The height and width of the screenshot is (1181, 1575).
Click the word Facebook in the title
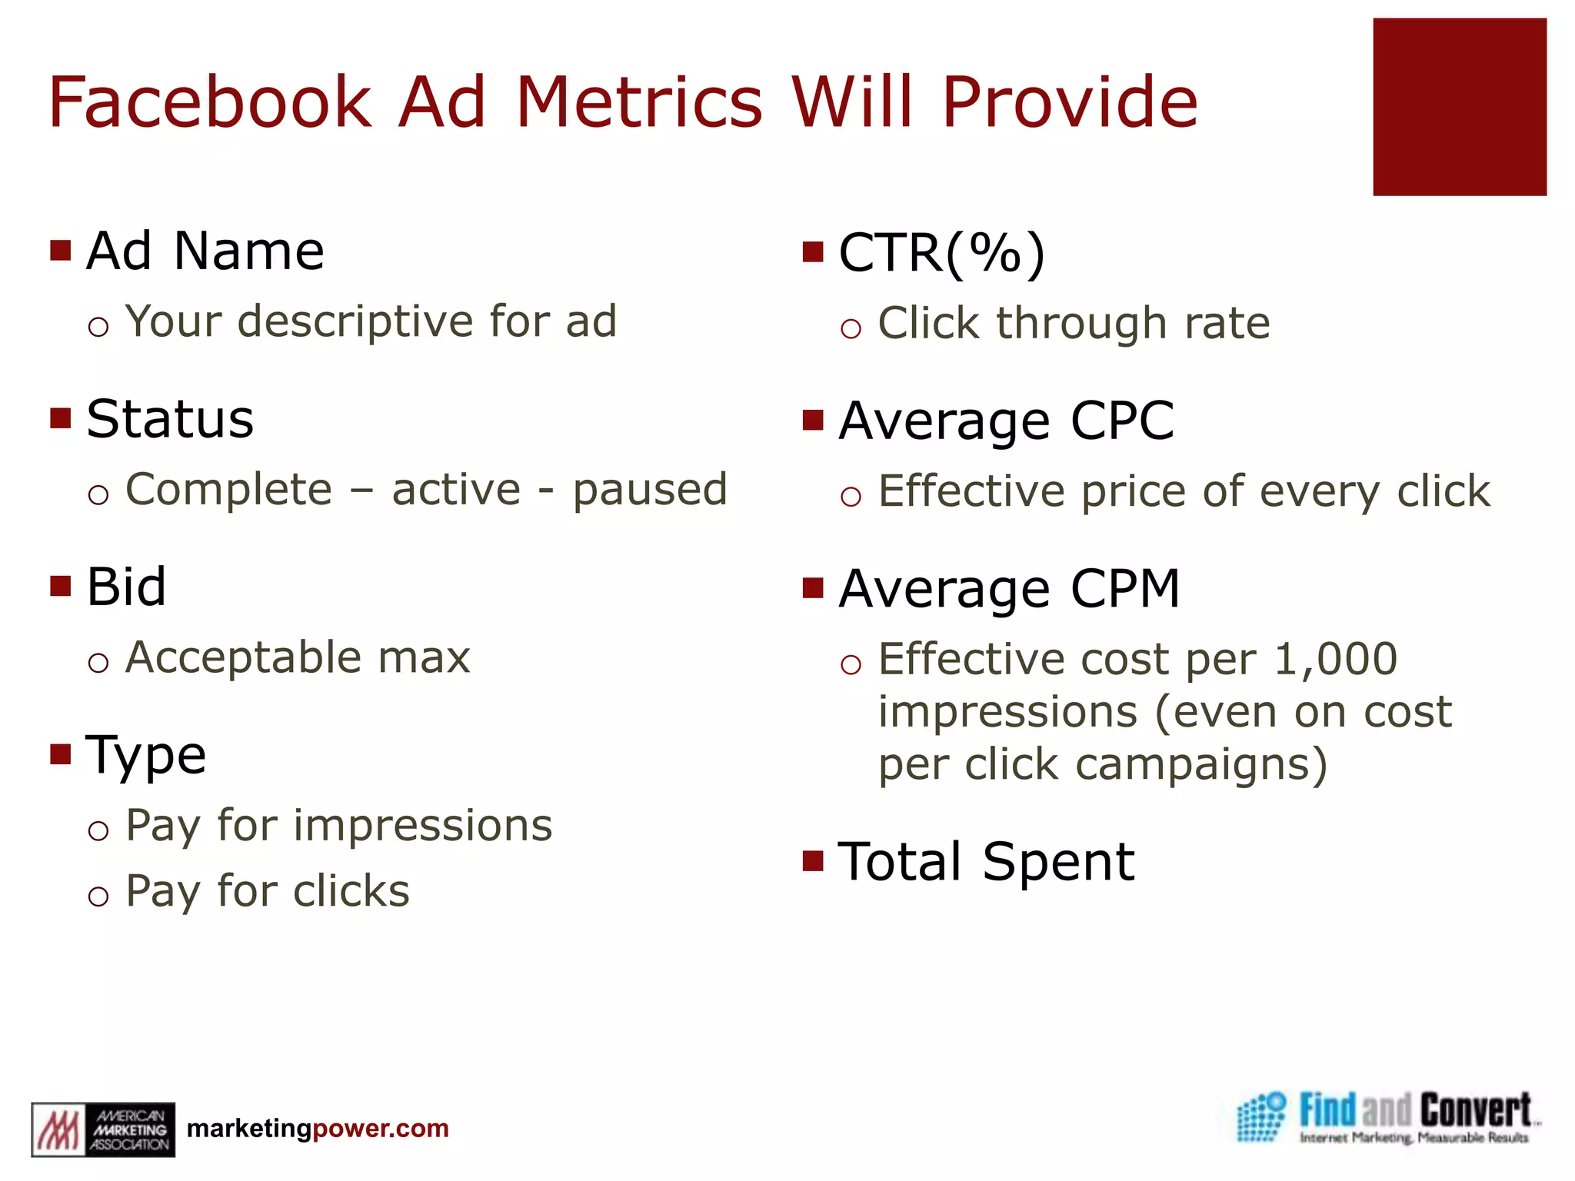pyautogui.click(x=209, y=102)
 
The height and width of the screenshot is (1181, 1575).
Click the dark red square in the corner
pyautogui.click(x=1459, y=107)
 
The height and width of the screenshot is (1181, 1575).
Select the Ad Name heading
pyautogui.click(x=205, y=251)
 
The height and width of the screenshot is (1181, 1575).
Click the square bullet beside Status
pyautogui.click(x=60, y=419)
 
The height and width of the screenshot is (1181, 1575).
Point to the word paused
pyautogui.click(x=650, y=490)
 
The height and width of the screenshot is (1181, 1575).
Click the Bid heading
pyautogui.click(x=126, y=587)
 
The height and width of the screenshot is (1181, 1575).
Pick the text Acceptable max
pyautogui.click(x=298, y=658)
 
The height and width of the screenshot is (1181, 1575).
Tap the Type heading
pyautogui.click(x=146, y=755)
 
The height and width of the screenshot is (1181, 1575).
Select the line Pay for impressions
pyautogui.click(x=338, y=827)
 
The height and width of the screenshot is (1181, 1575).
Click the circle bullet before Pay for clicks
pyautogui.click(x=98, y=896)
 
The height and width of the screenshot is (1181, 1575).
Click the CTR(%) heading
pyautogui.click(x=942, y=253)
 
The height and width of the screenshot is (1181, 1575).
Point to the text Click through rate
pyautogui.click(x=1074, y=323)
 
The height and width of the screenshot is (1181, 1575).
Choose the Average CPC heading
pyautogui.click(x=1006, y=421)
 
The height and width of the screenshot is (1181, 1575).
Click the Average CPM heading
pyautogui.click(x=1009, y=590)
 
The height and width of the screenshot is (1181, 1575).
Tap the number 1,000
pyautogui.click(x=1335, y=660)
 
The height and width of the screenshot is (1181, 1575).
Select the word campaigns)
pyautogui.click(x=1201, y=765)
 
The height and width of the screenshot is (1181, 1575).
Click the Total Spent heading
pyautogui.click(x=986, y=862)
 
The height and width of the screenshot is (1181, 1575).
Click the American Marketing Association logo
pyautogui.click(x=102, y=1129)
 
